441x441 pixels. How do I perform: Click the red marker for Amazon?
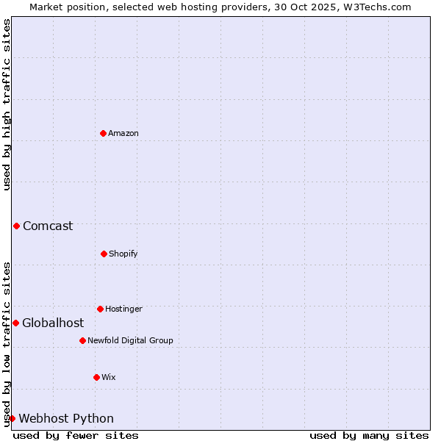pos(103,133)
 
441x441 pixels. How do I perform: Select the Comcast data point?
pos(16,226)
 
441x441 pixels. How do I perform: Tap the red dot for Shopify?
pos(104,254)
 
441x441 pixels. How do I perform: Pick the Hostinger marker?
pos(100,309)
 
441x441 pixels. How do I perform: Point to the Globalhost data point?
pos(15,323)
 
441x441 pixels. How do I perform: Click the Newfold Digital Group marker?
pos(82,340)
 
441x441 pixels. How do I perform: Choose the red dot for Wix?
pos(96,377)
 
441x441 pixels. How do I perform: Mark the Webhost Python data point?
pos(12,418)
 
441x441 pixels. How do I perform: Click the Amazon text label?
pos(123,133)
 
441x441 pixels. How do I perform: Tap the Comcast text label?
pos(48,226)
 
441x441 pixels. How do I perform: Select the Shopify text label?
pos(123,254)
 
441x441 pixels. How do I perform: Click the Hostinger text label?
pos(123,309)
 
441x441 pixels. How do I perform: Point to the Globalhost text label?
pos(53,323)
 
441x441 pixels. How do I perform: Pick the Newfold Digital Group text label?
pos(130,340)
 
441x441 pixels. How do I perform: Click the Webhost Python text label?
pos(66,418)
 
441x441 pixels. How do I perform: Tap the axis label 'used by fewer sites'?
pos(76,435)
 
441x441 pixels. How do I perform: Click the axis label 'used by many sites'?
pos(369,435)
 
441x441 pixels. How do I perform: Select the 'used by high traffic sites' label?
pos(7,104)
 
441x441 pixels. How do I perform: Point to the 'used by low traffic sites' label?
pos(7,344)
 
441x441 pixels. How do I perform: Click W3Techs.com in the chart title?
pos(375,7)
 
